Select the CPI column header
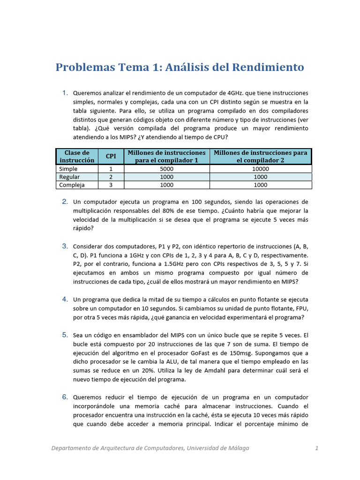pyautogui.click(x=111, y=156)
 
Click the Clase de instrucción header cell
pyautogui.click(x=77, y=156)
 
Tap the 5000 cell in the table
pyautogui.click(x=166, y=169)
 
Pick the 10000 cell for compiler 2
pyautogui.click(x=260, y=169)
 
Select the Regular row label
pyautogui.click(x=69, y=177)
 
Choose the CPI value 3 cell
pyautogui.click(x=111, y=185)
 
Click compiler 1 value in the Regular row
pyautogui.click(x=166, y=177)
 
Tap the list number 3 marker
pyautogui.click(x=65, y=246)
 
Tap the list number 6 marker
pyautogui.click(x=65, y=397)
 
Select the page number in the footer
pyautogui.click(x=317, y=448)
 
